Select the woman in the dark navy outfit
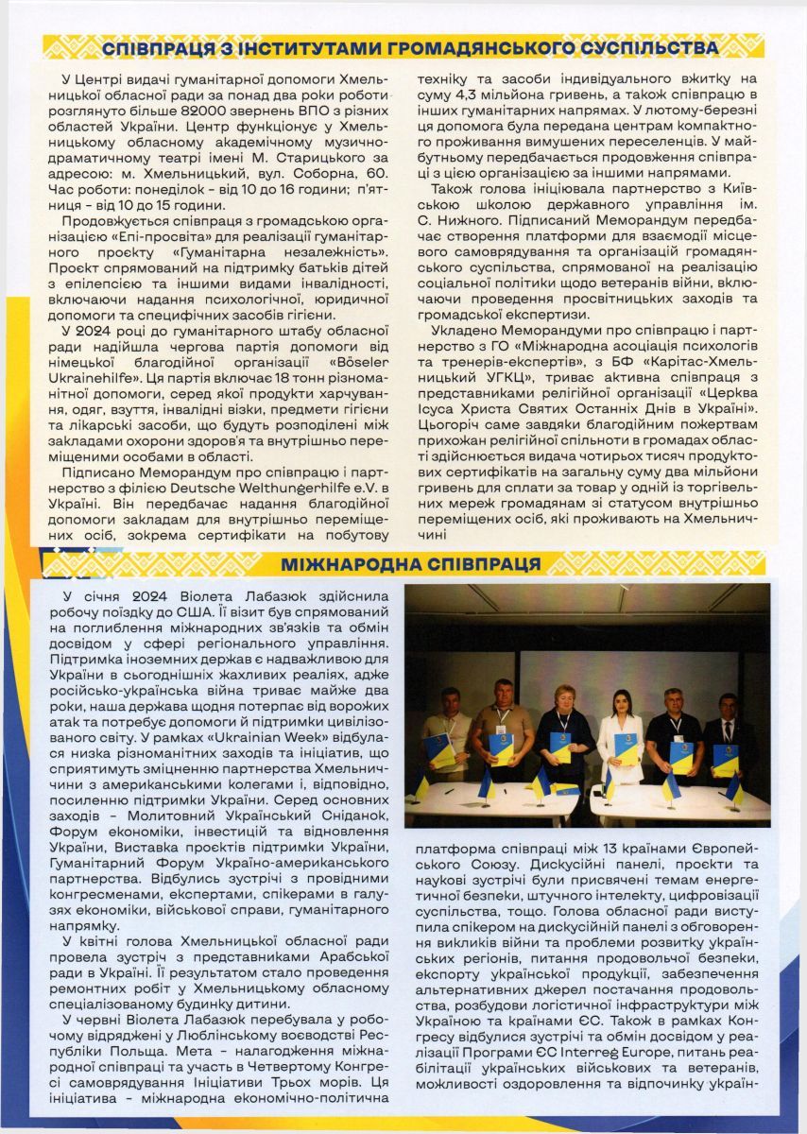click(563, 732)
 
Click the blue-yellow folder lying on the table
click(564, 787)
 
